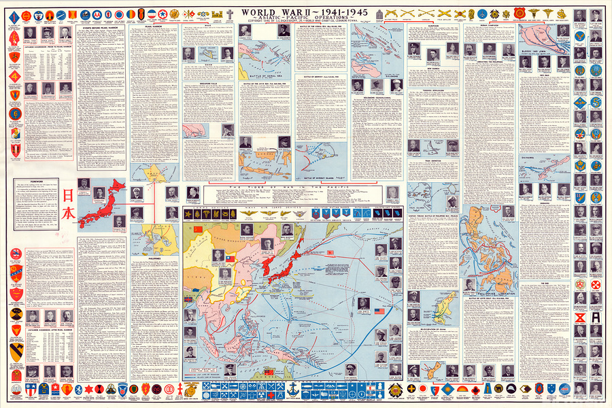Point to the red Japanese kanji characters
[71, 204]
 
